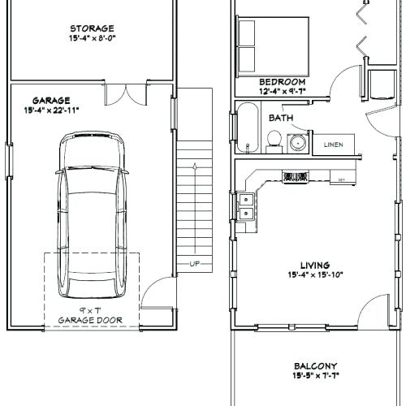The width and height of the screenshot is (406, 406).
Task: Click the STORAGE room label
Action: tap(91, 28)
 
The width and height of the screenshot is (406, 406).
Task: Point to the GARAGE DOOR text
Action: tap(90, 320)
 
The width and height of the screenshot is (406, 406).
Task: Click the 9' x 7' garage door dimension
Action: tap(90, 310)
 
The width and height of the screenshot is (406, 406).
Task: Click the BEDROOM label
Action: tap(282, 82)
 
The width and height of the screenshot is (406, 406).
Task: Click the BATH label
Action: tap(281, 118)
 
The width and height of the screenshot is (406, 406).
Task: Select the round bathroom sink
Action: tap(299, 143)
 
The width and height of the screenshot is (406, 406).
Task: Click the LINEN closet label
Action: tap(333, 145)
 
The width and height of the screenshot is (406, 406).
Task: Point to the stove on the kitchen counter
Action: tap(294, 176)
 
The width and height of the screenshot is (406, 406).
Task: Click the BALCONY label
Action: tap(317, 366)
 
